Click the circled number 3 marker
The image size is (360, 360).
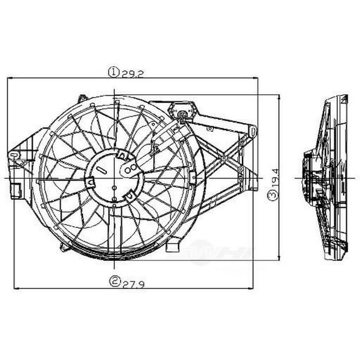tap(271, 195)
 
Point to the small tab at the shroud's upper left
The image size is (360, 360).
tap(80, 99)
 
